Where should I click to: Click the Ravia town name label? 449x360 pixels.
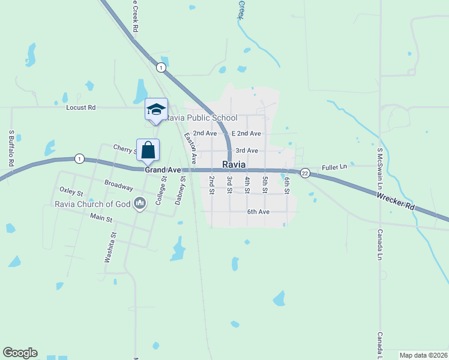(234, 164)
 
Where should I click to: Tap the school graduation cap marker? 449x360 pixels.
(156, 109)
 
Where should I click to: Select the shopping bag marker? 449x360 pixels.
(148, 150)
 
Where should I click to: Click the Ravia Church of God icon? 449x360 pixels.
(140, 204)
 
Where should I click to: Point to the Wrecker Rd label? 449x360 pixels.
(397, 200)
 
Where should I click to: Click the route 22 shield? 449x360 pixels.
(305, 173)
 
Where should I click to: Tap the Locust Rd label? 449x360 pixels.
(81, 108)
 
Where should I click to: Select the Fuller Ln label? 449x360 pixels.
(335, 167)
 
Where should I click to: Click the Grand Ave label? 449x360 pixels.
(163, 170)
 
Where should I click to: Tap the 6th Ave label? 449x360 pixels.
(258, 212)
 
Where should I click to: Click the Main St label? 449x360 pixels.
(101, 218)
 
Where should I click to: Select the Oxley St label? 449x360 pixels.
(71, 190)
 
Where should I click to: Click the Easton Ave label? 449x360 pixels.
(190, 148)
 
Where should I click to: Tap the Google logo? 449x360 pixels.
(20, 353)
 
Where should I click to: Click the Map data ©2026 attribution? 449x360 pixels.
(423, 355)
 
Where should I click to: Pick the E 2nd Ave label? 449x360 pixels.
(246, 133)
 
